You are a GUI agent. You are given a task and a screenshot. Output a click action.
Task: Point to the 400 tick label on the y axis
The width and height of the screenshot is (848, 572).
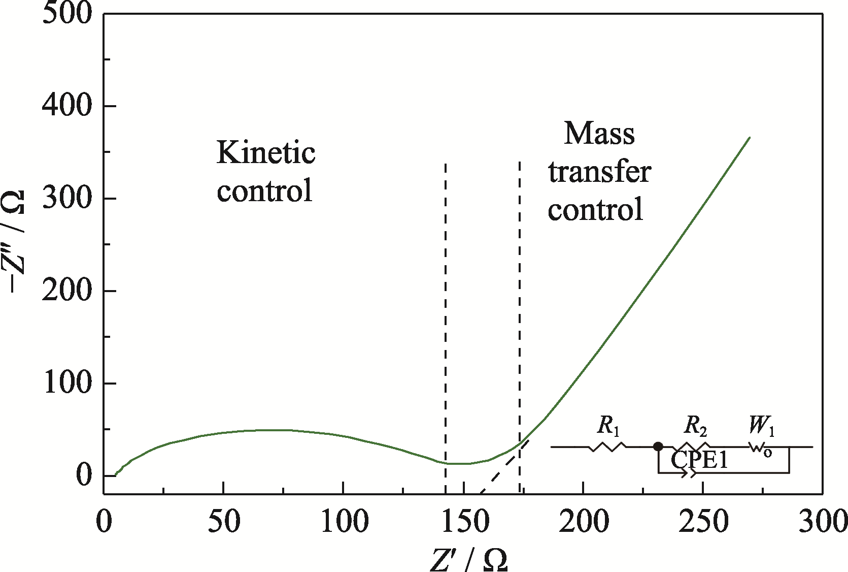click(x=67, y=106)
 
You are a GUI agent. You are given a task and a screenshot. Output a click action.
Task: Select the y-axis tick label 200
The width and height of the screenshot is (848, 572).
click(x=67, y=291)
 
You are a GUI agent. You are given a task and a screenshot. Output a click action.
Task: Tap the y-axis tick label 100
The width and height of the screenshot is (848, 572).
click(x=67, y=384)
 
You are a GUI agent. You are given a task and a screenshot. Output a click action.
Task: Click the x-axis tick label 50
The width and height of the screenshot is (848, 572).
click(x=224, y=522)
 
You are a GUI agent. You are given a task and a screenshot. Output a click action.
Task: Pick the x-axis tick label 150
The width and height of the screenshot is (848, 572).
click(x=463, y=522)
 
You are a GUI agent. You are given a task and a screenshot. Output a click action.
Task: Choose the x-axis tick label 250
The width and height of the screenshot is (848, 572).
click(x=703, y=522)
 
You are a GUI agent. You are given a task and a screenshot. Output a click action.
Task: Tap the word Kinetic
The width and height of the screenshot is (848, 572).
click(x=266, y=152)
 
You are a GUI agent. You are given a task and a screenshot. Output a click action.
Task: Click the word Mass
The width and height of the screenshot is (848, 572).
click(x=599, y=134)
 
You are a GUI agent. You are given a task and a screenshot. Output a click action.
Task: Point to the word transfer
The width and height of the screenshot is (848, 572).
click(x=599, y=172)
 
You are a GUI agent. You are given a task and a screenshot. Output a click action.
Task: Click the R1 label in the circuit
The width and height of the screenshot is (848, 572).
click(x=608, y=427)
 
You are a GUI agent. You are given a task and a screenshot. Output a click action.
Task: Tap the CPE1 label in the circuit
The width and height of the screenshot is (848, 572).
click(x=699, y=460)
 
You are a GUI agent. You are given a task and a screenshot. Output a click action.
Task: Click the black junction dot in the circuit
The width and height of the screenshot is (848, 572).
click(x=658, y=447)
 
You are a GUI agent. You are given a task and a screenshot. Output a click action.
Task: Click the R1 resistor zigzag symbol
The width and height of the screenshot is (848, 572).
click(x=607, y=447)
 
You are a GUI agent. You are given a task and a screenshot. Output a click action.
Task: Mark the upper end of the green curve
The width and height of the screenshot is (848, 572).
click(x=750, y=137)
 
